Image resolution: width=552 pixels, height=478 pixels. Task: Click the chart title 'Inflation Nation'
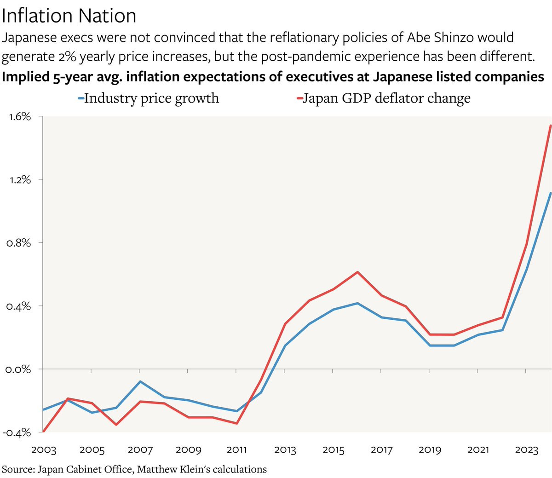coord(69,16)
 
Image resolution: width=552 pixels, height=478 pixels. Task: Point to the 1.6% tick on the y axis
coord(19,116)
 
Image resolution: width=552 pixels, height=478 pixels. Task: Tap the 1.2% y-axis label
coord(20,179)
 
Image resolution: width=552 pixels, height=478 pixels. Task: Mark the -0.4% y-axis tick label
coord(17,432)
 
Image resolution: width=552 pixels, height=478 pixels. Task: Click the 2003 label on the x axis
coord(44,449)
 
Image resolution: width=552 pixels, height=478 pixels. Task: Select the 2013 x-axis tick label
coord(285,449)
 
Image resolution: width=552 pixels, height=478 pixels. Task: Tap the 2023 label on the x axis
coord(526,449)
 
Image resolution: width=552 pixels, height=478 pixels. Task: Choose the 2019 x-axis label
coord(430,449)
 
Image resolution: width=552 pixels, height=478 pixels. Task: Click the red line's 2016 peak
coord(357,272)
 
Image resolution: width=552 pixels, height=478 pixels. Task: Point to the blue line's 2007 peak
coord(140,381)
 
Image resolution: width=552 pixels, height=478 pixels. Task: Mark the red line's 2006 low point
coord(116,424)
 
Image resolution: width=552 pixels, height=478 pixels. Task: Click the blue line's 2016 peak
coord(357,303)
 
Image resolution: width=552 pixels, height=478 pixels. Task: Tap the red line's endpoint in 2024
coord(551,126)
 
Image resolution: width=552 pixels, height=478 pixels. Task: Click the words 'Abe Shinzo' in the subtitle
coord(441,37)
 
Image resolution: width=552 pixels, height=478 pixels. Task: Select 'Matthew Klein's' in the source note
coord(169,469)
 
